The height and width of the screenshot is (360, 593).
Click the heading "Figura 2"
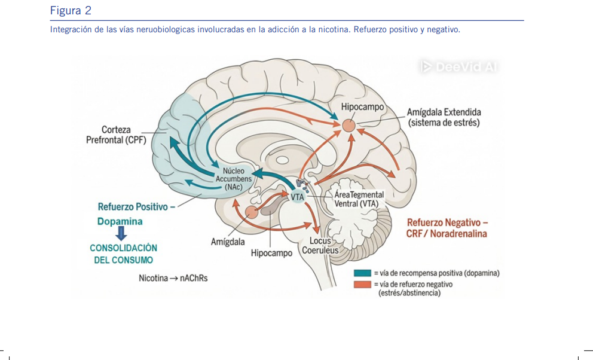point(71,11)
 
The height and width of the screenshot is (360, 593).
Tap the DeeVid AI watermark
point(458,67)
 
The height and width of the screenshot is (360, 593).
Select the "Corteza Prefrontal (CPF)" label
point(116,135)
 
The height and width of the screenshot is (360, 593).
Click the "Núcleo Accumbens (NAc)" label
point(233,179)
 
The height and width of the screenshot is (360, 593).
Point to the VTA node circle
point(298,197)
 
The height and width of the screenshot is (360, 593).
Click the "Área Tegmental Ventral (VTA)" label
point(359,199)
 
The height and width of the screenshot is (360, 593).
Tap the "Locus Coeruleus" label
point(320,245)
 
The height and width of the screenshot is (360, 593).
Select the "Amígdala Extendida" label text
point(444,112)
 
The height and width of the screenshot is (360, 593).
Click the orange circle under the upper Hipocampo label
point(349,126)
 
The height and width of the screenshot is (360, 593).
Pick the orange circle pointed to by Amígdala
point(252,212)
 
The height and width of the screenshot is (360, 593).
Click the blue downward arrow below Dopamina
point(121,233)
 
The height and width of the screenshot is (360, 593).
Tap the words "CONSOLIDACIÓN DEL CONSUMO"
point(123,254)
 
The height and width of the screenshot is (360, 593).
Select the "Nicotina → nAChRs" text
point(173,278)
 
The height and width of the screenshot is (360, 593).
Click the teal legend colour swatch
point(362,273)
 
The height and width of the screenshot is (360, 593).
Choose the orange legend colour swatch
point(362,285)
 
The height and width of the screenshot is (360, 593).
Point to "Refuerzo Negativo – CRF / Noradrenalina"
point(447,228)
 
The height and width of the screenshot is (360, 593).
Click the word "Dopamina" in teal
point(120,221)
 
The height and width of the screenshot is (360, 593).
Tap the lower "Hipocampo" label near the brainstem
point(271,253)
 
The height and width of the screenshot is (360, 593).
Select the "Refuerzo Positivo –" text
point(136,207)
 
